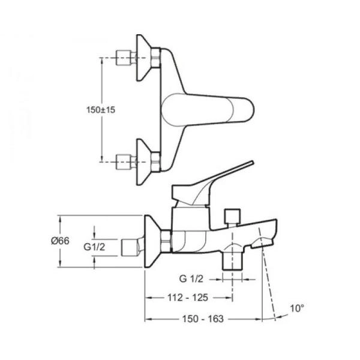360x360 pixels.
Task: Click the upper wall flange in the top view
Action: point(146,59)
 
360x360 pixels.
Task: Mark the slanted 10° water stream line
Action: point(269,282)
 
